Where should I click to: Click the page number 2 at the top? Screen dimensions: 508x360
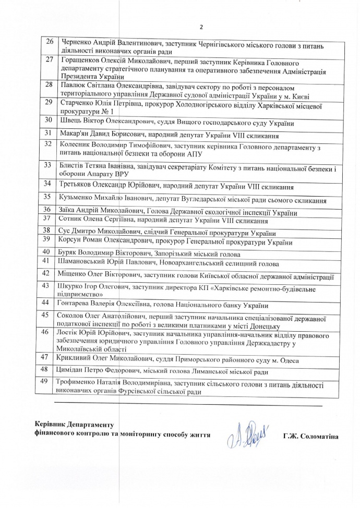click(x=200, y=27)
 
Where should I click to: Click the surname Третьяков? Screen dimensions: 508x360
click(x=79, y=186)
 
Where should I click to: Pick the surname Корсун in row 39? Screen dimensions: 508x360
click(x=74, y=243)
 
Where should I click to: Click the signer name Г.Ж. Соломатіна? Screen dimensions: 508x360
click(x=310, y=436)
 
